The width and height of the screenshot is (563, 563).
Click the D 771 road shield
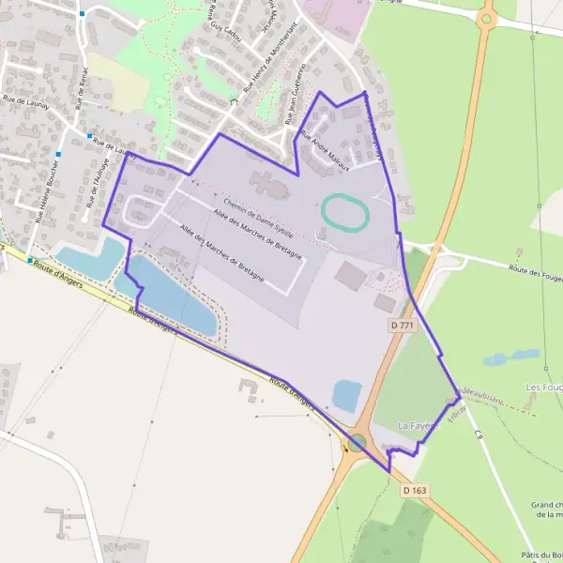tap(402, 325)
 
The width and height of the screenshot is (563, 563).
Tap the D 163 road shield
tap(415, 490)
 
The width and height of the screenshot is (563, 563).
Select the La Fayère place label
tap(418, 425)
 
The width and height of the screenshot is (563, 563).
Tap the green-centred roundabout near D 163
tap(358, 443)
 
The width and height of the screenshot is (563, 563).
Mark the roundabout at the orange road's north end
tap(486, 17)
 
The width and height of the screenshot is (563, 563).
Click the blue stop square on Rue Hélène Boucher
tap(58, 154)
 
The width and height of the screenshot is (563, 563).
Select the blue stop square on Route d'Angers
tap(30, 260)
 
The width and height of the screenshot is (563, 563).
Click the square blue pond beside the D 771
tap(346, 395)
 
